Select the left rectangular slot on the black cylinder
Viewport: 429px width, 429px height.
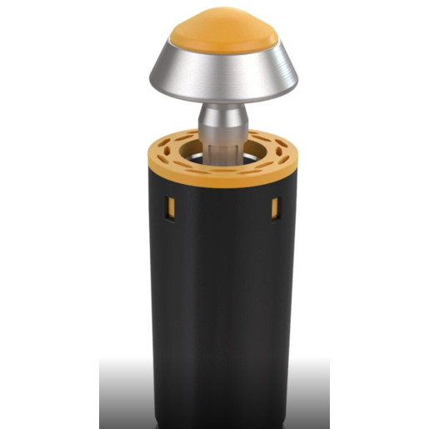[170, 206]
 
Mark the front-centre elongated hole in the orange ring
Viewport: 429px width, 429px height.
[222, 170]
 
